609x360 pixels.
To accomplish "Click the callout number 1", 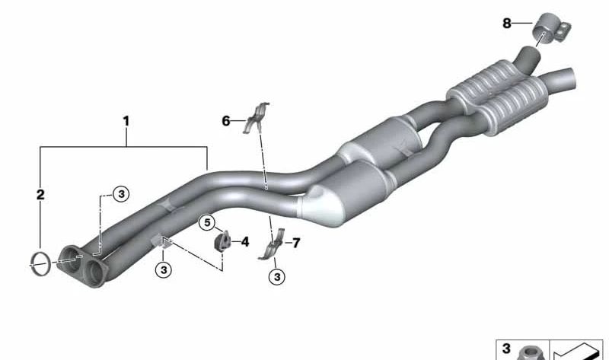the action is [126, 121].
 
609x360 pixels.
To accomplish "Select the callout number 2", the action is [40, 195].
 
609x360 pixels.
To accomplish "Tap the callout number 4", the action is [244, 242].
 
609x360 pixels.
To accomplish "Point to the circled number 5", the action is [207, 223].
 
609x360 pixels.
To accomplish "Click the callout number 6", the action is [226, 121].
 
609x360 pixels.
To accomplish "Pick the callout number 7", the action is [296, 243].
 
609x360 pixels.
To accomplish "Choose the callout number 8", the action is [507, 24].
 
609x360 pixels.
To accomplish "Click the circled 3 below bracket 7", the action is [277, 277].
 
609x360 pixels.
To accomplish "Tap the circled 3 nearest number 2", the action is [121, 193].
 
